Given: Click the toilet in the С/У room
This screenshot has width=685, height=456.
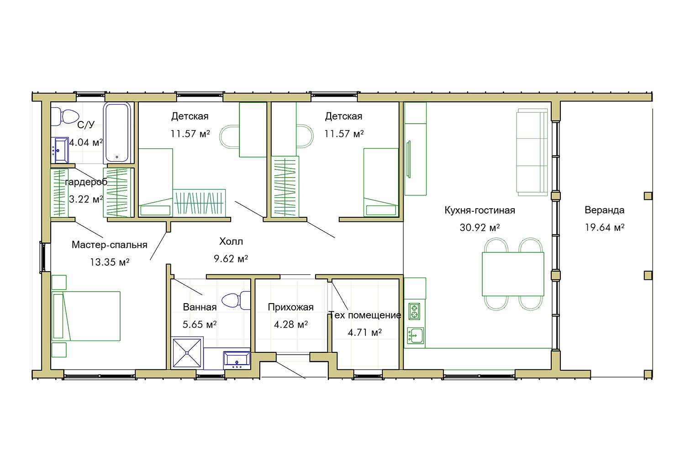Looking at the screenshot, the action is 64,116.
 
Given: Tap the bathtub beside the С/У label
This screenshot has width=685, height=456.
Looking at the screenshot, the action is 117,132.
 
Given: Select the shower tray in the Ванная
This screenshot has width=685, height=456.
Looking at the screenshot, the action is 187,353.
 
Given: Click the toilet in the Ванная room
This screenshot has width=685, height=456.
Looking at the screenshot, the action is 236,300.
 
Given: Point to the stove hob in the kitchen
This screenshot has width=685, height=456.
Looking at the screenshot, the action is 414,311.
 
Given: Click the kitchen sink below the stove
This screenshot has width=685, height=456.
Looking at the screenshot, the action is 415,335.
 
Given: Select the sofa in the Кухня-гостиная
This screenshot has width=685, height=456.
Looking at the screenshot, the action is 532,152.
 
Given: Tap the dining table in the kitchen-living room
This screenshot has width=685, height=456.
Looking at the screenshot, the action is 513,274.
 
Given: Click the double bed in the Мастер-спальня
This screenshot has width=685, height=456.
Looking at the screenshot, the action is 86,316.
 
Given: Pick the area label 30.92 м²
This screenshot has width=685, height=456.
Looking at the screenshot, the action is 479,228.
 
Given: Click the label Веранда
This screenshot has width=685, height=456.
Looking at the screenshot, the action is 604,210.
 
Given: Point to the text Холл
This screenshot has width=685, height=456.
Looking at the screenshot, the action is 231,241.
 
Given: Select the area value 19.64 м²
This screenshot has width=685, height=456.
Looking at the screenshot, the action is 604,227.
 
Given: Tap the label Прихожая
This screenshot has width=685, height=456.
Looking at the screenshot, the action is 290,307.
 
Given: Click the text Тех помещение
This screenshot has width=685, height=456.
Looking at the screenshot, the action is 365,315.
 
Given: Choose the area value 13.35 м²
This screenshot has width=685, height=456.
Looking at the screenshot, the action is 110,262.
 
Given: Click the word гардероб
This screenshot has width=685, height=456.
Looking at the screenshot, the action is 86,182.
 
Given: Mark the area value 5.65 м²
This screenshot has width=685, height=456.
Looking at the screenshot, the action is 200,324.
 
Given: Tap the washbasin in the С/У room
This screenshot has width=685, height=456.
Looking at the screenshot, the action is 62,150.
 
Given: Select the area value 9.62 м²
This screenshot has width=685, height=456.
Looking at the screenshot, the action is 231,259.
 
